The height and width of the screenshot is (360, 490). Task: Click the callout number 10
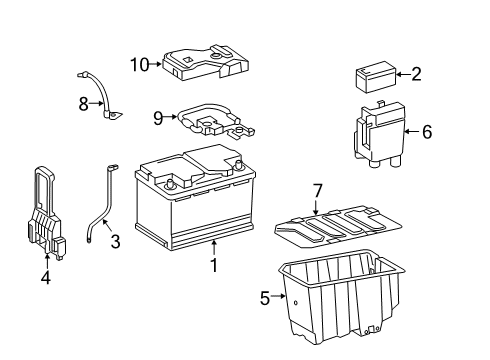pos(140,65)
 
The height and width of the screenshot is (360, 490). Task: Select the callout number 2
pos(416,74)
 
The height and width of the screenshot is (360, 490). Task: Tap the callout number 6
pos(427,132)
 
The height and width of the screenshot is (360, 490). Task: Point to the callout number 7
pos(318,191)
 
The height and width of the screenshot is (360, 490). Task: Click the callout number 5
pos(265,298)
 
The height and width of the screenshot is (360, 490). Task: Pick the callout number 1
pos(214,265)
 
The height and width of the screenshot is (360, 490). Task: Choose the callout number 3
pos(115,242)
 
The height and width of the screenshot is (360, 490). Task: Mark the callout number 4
pos(46,277)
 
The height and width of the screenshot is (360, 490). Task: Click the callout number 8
pos(84,104)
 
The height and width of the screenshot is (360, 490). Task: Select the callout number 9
pos(158,118)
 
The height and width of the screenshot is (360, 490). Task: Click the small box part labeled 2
pos(376,77)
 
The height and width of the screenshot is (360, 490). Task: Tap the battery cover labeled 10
pos(206,63)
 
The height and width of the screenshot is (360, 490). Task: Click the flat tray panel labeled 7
pos(338,227)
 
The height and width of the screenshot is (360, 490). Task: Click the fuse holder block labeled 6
pos(379,133)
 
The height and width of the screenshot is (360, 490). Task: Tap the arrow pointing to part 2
pos(404,74)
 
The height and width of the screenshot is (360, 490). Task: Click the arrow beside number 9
pos(170,117)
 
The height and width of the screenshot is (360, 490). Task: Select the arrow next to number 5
pos(278,295)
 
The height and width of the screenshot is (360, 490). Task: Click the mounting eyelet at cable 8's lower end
pos(114,115)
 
